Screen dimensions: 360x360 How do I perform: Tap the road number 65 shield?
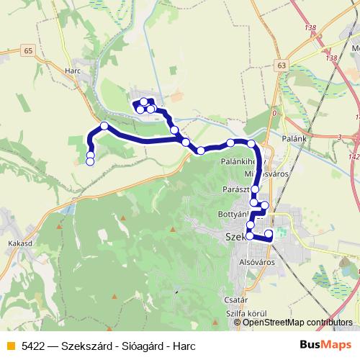[28, 50]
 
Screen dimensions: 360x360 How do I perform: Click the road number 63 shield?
[280, 65]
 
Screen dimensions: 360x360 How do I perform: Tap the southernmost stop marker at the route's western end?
[90, 162]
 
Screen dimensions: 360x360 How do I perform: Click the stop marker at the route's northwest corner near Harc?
[104, 126]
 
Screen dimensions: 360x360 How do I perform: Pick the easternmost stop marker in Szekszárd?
[269, 233]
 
